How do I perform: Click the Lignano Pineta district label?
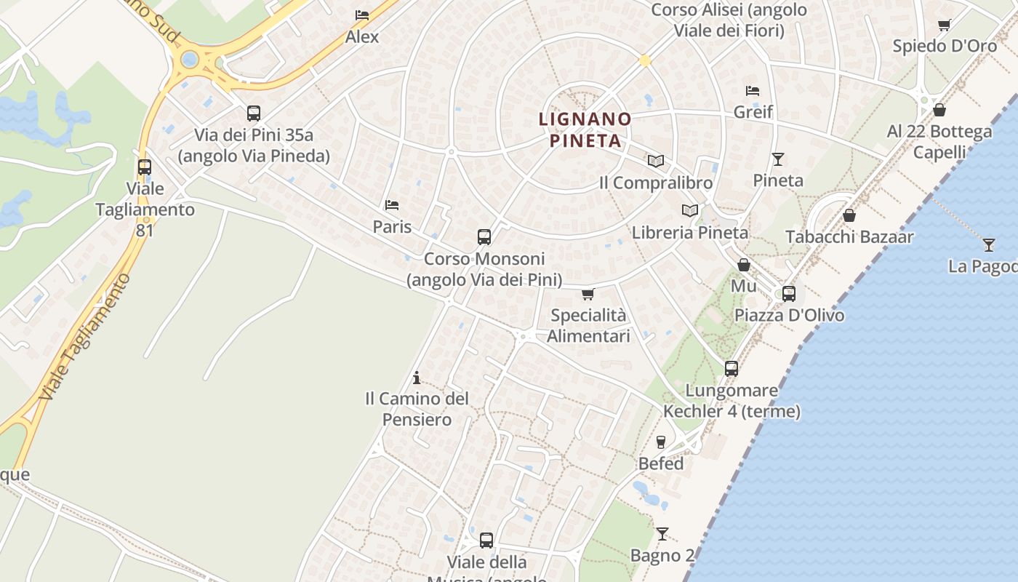coord(585,129)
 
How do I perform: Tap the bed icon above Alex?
coord(361,15)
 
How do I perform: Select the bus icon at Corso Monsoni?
coord(484,236)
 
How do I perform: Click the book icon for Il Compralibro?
coord(656,161)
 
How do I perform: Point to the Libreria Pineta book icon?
coord(689,210)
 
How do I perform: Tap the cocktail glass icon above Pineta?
coord(778,159)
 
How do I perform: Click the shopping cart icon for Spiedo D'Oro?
coord(945,25)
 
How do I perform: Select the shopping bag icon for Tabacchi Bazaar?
coord(849,215)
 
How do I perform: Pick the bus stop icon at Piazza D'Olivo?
coord(789,294)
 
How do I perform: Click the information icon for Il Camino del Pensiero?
coord(417,378)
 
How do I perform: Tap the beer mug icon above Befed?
coord(661,442)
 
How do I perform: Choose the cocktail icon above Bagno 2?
coord(662,534)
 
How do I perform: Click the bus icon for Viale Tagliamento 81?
coord(145,167)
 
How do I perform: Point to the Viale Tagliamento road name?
coord(85,338)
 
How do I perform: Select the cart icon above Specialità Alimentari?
coord(588,294)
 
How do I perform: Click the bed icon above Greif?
coord(753,91)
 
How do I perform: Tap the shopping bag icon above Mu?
coord(743,265)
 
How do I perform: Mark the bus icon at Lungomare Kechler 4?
coord(732,369)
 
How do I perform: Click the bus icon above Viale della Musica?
coord(486,541)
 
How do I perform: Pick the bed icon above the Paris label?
coord(392,205)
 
